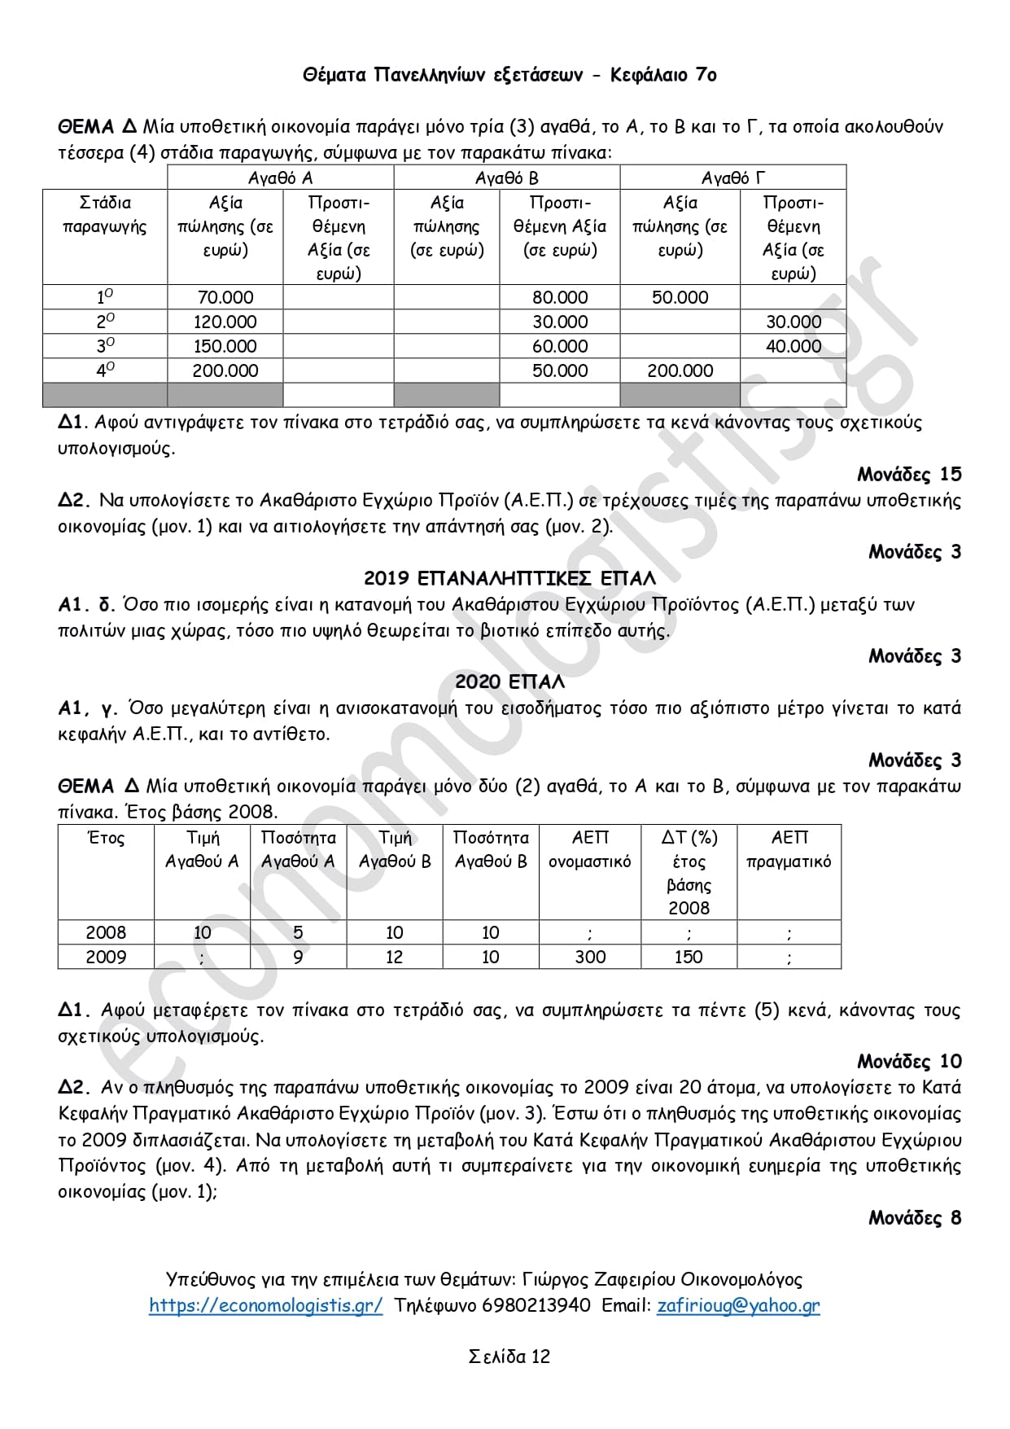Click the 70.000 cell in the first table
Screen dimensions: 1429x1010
[225, 297]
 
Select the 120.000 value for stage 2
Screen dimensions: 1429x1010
[225, 322]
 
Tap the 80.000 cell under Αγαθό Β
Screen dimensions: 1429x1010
[560, 297]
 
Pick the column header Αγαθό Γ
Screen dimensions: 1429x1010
[733, 178]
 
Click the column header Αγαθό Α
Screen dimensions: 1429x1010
[281, 178]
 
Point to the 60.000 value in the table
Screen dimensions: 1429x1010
[560, 346]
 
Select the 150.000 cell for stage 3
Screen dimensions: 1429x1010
[225, 346]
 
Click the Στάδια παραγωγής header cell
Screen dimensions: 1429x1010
[105, 214]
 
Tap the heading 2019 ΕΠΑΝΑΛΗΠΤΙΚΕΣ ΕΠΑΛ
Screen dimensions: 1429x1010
[509, 578]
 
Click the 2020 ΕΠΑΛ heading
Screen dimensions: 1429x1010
[509, 682]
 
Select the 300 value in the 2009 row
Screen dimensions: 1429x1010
[590, 957]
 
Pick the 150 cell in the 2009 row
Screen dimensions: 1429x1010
[689, 957]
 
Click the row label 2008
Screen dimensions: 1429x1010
[106, 932]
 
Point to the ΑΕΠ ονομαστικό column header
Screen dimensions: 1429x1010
[590, 849]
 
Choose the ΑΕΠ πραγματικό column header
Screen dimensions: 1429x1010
[789, 849]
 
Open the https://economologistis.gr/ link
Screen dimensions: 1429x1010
[265, 1305]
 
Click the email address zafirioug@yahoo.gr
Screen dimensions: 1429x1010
[738, 1305]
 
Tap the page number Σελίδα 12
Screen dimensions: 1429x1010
[509, 1357]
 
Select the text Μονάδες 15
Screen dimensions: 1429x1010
[909, 474]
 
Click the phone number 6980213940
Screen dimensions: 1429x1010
[536, 1305]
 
